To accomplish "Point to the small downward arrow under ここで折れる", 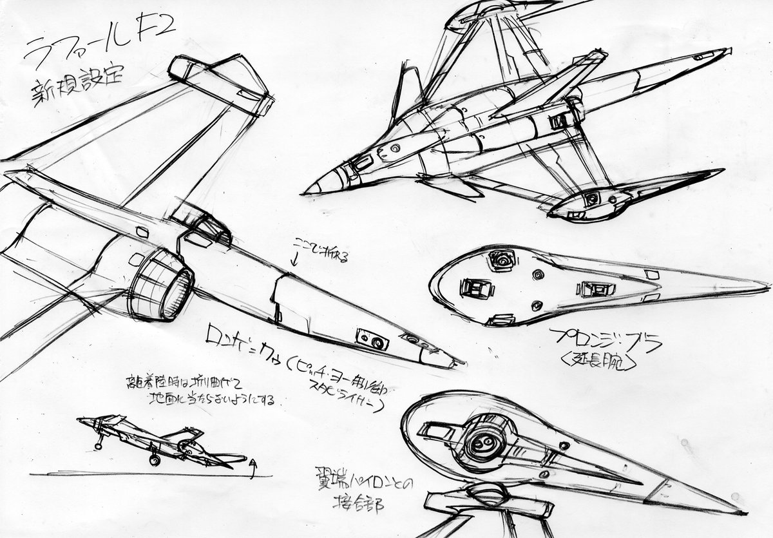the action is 295,261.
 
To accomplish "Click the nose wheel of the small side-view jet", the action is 99,444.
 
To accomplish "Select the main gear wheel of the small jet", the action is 155,459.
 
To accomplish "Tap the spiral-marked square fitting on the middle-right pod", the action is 501,261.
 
